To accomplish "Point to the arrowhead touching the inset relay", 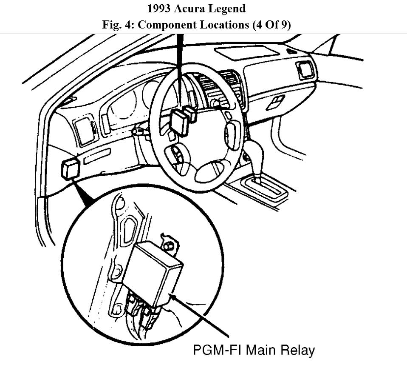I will click(x=172, y=295).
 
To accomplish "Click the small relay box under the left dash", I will click(x=71, y=168).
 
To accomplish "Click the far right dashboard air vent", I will click(x=305, y=70).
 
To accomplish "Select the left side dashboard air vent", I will click(x=85, y=130).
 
